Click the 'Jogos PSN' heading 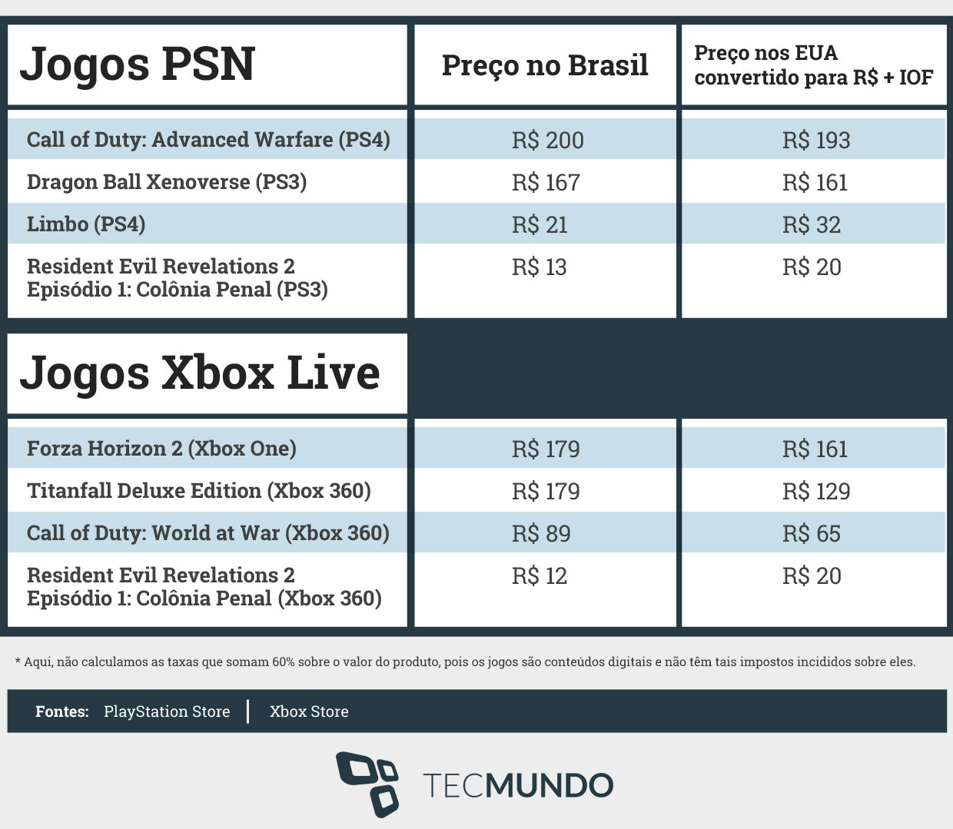point(138,65)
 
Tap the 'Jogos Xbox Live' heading point(200,373)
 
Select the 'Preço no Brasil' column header point(545,65)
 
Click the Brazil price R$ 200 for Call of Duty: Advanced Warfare point(548,140)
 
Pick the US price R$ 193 point(816,140)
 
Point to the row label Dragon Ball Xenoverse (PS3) point(167,182)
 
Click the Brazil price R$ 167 point(546,182)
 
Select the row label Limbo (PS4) point(86,224)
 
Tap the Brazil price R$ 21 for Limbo point(540,225)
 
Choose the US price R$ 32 point(812,225)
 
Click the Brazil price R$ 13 point(540,267)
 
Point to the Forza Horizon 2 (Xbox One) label point(161,449)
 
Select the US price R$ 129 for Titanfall point(816,492)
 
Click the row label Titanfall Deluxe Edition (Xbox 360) point(199,491)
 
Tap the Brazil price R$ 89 point(541,534)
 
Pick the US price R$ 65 point(812,534)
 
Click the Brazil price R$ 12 point(540,576)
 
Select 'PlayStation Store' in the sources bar point(167,711)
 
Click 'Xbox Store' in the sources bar point(309,711)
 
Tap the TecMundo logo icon point(367,784)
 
